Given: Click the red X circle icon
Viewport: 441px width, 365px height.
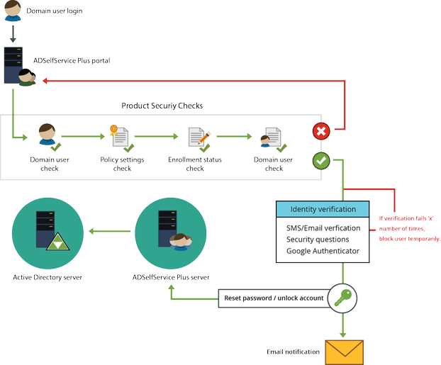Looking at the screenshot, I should click(x=322, y=132).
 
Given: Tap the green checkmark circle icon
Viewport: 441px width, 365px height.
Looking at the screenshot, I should click(x=322, y=161).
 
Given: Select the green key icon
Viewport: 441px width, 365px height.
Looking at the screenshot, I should click(x=343, y=298).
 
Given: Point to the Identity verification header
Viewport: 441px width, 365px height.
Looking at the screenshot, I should click(x=324, y=209).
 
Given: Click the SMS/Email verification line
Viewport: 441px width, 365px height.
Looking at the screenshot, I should click(x=323, y=228).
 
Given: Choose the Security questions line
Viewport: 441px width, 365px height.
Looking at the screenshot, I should click(x=318, y=240).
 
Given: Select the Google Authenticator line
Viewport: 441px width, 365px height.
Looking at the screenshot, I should click(x=323, y=251).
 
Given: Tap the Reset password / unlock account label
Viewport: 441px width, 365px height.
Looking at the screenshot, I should click(x=274, y=298).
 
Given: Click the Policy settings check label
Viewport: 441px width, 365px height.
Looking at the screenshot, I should click(x=122, y=164).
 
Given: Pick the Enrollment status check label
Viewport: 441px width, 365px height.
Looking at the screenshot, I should click(x=195, y=164).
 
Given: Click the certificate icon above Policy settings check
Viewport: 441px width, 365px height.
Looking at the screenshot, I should click(x=119, y=137).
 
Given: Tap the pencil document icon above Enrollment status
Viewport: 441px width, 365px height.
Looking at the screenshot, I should click(x=197, y=137).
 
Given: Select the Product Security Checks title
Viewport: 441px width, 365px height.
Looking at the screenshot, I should click(x=162, y=106).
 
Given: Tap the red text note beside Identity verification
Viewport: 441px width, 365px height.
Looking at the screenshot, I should click(x=410, y=228).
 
